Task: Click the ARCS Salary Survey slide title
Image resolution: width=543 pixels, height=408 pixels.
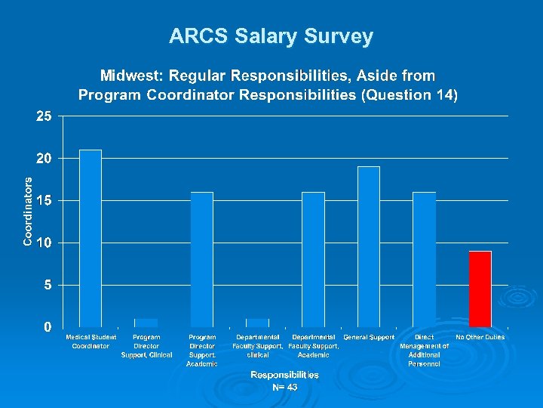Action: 271,36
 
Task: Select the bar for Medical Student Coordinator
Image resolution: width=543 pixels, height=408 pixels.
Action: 90,238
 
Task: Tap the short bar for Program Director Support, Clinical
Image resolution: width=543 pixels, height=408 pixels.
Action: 146,323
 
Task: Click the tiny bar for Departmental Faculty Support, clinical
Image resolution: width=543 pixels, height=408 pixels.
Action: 257,323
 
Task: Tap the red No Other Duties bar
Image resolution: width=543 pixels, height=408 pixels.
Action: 480,289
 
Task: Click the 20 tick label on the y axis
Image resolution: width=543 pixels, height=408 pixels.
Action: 44,159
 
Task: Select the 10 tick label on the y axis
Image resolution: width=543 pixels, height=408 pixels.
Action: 44,243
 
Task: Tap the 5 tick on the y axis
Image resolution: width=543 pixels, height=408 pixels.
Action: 48,285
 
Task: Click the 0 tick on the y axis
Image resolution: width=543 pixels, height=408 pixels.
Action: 48,327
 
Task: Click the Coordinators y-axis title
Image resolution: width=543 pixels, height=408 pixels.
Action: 28,212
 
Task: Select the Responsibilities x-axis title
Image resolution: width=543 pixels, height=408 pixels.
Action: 284,375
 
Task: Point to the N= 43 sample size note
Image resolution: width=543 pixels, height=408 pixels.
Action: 284,388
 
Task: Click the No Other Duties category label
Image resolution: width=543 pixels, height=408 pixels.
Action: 480,337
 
